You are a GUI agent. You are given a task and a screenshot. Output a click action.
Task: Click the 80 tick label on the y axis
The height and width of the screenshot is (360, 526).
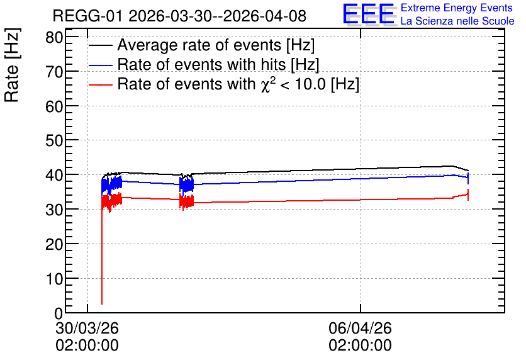[x=54, y=37]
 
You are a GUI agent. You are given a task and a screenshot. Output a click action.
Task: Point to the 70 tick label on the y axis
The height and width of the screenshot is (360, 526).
[x=54, y=72]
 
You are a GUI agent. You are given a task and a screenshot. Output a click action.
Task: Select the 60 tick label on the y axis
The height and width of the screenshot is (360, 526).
[x=54, y=106]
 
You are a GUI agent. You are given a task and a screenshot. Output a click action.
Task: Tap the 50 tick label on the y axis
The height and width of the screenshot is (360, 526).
[x=54, y=140]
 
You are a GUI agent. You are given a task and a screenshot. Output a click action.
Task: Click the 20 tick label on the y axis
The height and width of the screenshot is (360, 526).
[x=54, y=244]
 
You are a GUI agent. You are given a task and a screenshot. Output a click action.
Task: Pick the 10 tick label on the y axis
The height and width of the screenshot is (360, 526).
[x=54, y=278]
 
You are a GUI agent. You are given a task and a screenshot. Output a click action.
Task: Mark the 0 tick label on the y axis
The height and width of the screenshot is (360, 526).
[x=59, y=313]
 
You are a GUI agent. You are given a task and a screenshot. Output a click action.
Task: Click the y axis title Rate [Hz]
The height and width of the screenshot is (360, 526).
[x=12, y=65]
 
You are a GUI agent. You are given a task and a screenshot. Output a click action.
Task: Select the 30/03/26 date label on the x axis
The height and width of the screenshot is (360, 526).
[x=87, y=328]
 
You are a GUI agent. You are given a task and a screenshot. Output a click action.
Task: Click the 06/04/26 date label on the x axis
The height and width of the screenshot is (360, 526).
[x=361, y=328]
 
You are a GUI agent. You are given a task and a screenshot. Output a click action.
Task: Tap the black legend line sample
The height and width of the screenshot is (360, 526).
[x=101, y=45]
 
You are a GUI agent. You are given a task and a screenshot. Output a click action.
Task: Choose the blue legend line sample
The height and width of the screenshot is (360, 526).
[x=101, y=65]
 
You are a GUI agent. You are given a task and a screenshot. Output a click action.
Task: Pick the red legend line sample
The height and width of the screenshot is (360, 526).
[x=101, y=84]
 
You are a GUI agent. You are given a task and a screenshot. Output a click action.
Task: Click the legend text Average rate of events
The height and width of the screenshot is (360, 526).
[x=199, y=45]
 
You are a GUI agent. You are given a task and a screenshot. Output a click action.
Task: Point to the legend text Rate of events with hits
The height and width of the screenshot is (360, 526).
[x=201, y=64]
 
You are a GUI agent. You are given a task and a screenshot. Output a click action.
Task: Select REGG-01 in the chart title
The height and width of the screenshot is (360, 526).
[x=87, y=16]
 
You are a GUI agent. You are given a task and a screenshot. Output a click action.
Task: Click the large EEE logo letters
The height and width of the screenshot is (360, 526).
[x=369, y=14]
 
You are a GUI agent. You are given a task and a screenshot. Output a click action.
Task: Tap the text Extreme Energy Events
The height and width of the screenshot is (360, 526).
[x=457, y=8]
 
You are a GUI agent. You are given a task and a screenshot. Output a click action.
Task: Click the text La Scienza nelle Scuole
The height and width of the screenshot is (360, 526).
[x=457, y=21]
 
